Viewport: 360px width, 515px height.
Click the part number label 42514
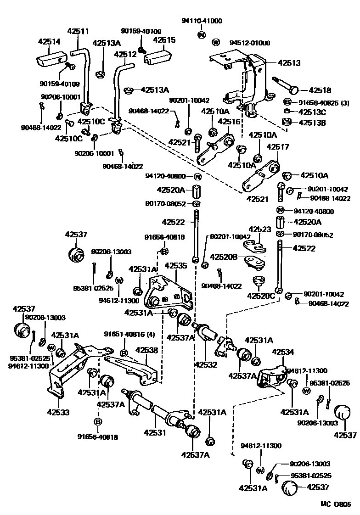point(49,41)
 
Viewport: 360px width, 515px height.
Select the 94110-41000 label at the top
point(202,21)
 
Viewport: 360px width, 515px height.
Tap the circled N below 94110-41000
point(202,34)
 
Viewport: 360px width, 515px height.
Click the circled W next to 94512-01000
point(216,43)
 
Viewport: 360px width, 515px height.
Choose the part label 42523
point(260,229)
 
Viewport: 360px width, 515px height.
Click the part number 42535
point(176,265)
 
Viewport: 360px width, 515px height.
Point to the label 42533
point(58,412)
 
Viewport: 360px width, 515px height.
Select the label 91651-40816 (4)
point(125,334)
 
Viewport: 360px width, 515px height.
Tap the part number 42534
point(283,352)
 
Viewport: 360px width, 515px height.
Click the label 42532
point(206,365)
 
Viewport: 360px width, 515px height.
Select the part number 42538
point(147,350)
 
